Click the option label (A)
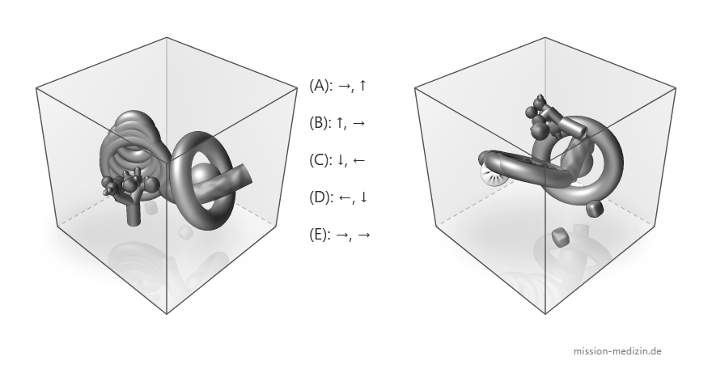[x=320, y=85]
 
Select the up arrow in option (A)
[x=362, y=85]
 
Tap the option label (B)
[x=320, y=123]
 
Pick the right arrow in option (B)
[x=358, y=123]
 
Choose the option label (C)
[x=320, y=160]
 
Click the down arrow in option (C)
[x=340, y=160]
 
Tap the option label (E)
[x=320, y=235]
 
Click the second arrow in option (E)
[x=364, y=235]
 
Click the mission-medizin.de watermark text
[x=617, y=351]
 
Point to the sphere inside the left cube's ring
[x=202, y=177]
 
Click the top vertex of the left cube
[x=167, y=38]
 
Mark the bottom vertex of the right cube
[x=545, y=314]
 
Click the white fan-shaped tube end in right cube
[x=492, y=176]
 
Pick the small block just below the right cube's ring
[x=595, y=208]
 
